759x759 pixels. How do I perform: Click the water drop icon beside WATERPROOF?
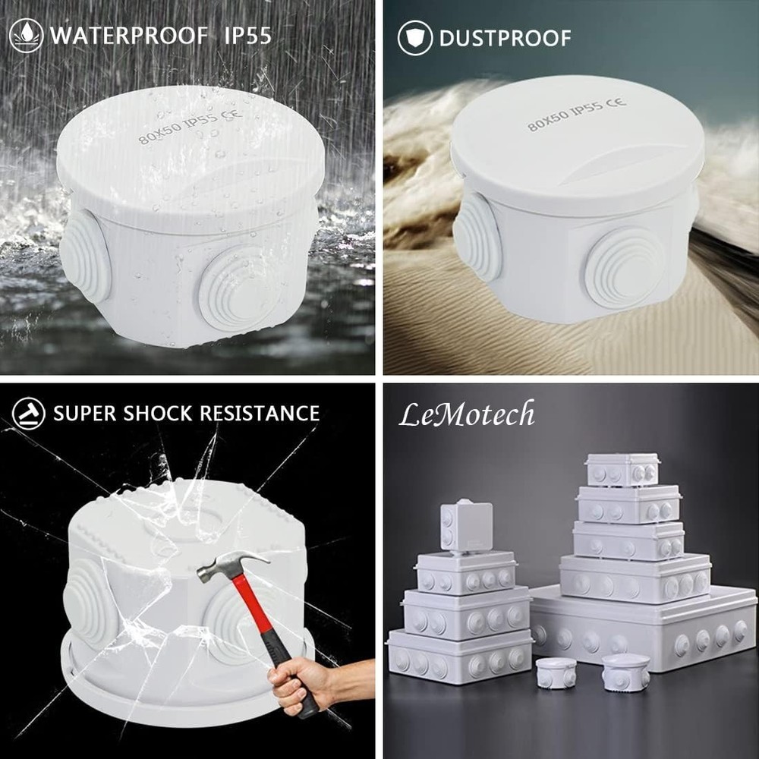tap(26, 36)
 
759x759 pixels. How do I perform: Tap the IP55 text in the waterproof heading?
tap(247, 36)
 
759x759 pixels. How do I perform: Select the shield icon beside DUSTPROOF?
tap(415, 38)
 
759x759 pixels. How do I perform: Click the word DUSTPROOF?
tap(505, 38)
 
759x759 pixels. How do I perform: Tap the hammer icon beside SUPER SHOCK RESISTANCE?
tap(29, 414)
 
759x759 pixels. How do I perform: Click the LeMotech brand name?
tap(467, 414)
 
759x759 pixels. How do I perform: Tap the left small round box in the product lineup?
tap(556, 672)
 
